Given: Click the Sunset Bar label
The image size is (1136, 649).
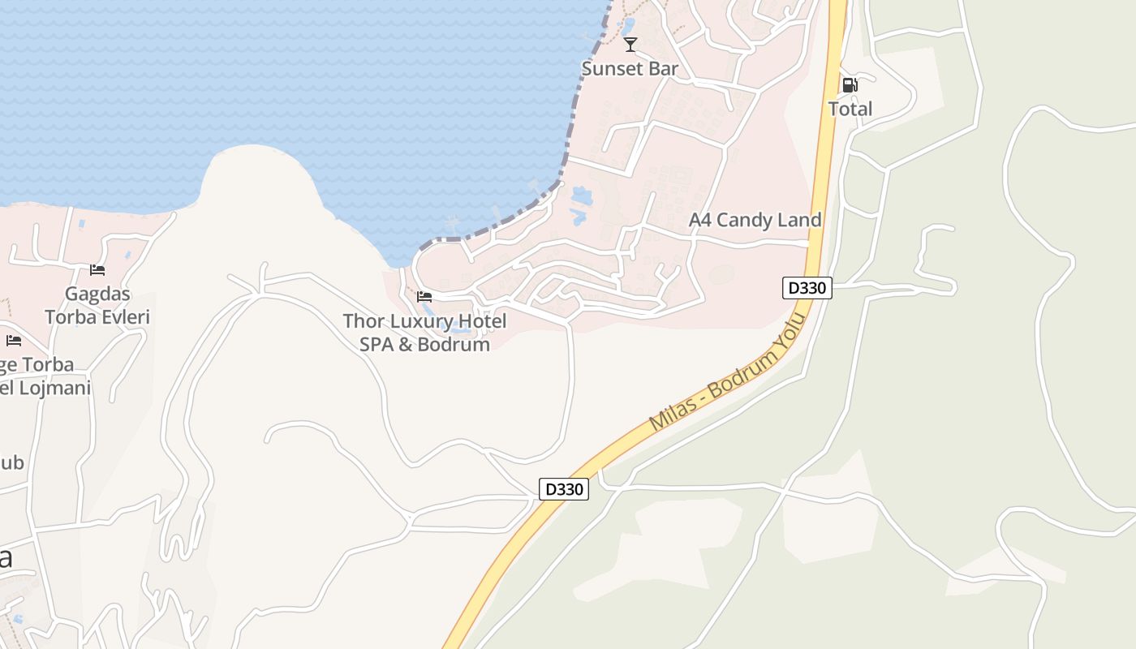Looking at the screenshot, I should [630, 68].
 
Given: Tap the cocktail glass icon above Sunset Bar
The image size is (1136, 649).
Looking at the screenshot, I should [630, 45].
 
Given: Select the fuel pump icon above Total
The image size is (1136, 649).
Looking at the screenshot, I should [850, 84].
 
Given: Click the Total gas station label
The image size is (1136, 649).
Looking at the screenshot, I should [850, 109].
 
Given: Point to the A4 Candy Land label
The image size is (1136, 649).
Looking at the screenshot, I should [755, 220].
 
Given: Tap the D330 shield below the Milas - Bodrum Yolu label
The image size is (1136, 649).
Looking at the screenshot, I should [564, 489].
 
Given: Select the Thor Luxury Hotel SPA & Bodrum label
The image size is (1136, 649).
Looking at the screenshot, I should [424, 333].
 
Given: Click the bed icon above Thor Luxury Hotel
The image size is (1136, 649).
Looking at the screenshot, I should [424, 297].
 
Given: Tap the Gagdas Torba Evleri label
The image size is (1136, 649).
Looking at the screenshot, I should [98, 305].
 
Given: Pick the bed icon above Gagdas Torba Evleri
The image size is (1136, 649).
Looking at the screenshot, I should [97, 269].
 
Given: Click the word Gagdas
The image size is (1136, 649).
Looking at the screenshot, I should [98, 294].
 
